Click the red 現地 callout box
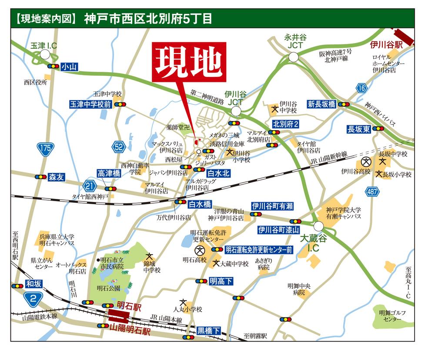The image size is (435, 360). [188, 62]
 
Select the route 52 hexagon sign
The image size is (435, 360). [118, 147]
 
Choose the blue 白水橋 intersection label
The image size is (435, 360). [201, 203]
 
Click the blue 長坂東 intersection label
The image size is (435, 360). [358, 129]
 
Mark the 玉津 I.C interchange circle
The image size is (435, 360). [45, 54]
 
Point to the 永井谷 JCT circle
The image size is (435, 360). [293, 57]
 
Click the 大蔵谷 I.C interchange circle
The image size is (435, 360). [318, 225]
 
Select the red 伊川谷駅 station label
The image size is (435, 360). [387, 45]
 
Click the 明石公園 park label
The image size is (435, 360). [108, 288]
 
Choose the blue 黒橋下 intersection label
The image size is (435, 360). [209, 330]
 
